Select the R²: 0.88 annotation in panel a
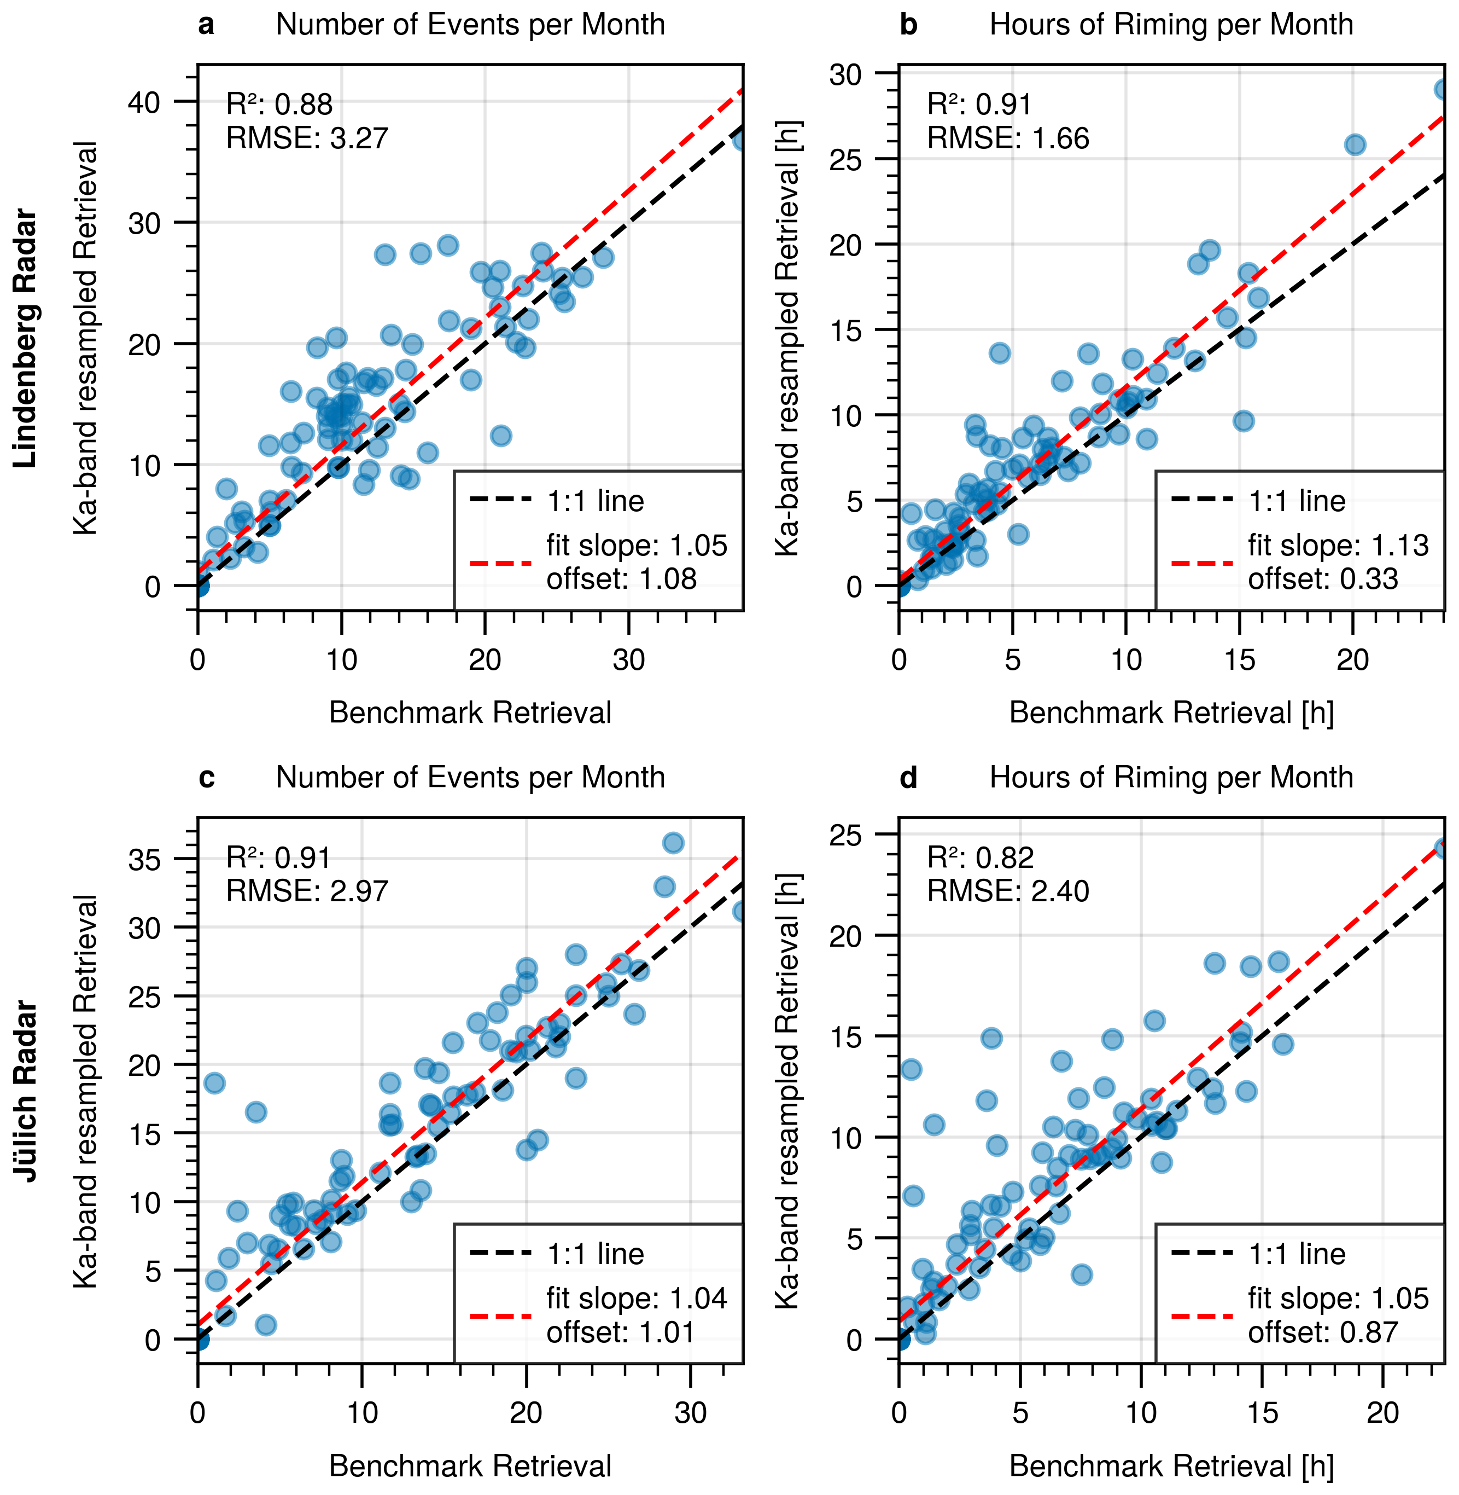[x=279, y=105]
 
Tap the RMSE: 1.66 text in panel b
[x=1008, y=138]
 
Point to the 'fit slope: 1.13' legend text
[x=1338, y=545]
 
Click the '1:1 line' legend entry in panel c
[x=594, y=1254]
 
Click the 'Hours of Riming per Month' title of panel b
[x=1171, y=25]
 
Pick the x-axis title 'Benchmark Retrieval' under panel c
[x=470, y=1466]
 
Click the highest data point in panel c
[x=673, y=843]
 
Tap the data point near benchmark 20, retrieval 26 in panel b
[x=1355, y=145]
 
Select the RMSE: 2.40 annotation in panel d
[x=1008, y=891]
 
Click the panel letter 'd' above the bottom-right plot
[x=908, y=778]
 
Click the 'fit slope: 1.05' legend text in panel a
[x=636, y=545]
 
